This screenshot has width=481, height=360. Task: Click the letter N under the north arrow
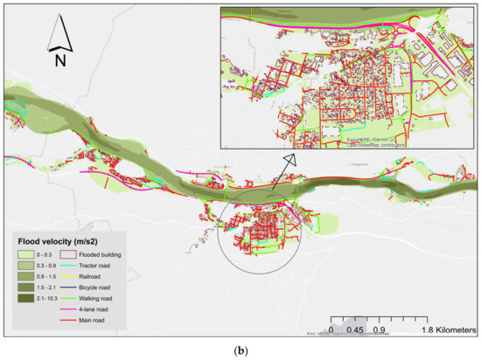click(59, 60)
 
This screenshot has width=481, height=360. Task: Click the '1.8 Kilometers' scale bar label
click(447, 331)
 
